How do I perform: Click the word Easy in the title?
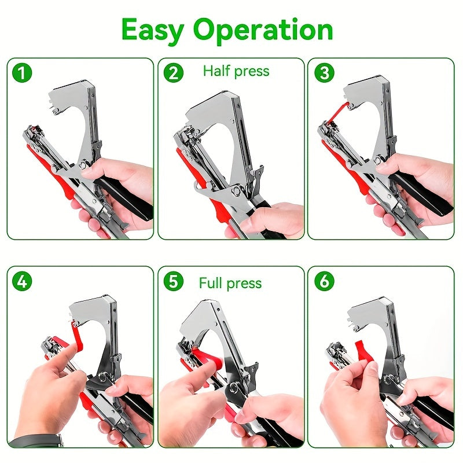(152, 30)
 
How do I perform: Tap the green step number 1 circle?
(23, 73)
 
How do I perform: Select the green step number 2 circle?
(173, 73)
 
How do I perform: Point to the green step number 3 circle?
(324, 73)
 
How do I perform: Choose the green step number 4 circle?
(23, 281)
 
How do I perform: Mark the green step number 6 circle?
(324, 281)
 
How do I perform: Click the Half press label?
(236, 71)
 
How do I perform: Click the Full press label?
(230, 283)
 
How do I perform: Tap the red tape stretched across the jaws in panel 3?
(336, 113)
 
